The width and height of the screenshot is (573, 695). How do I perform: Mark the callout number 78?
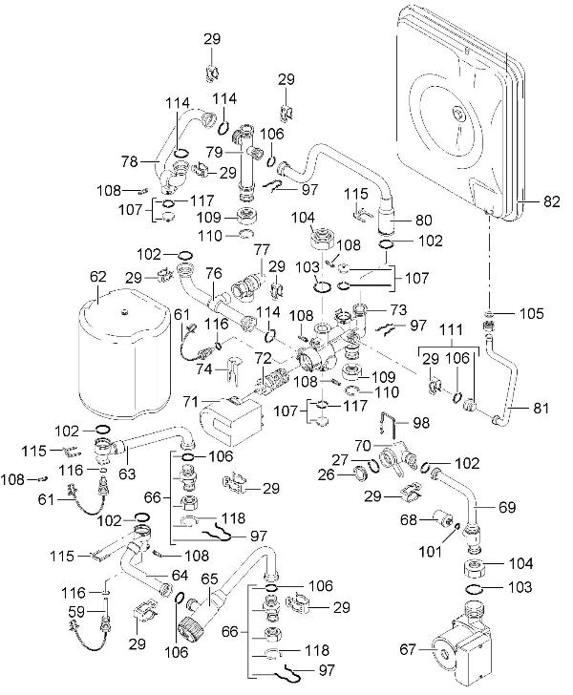click(x=126, y=159)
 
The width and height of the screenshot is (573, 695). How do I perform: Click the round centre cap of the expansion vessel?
click(x=462, y=116)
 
